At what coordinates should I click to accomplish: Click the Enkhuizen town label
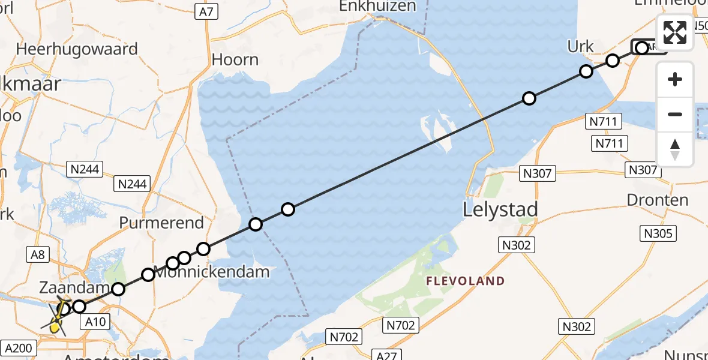[x=377, y=6]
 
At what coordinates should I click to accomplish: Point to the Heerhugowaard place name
[x=77, y=49]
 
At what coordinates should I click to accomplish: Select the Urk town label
[x=580, y=47]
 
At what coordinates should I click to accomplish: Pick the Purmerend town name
[x=161, y=223]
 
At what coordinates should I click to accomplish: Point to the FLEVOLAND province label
[x=466, y=281]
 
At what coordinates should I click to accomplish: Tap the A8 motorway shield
[x=37, y=255]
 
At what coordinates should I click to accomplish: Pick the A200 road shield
[x=20, y=347]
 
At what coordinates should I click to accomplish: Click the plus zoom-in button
[x=675, y=79]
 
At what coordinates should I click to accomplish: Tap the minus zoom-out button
[x=675, y=114]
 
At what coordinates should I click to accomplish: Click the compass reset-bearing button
[x=675, y=149]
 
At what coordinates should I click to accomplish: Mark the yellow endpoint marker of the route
[x=55, y=327]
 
